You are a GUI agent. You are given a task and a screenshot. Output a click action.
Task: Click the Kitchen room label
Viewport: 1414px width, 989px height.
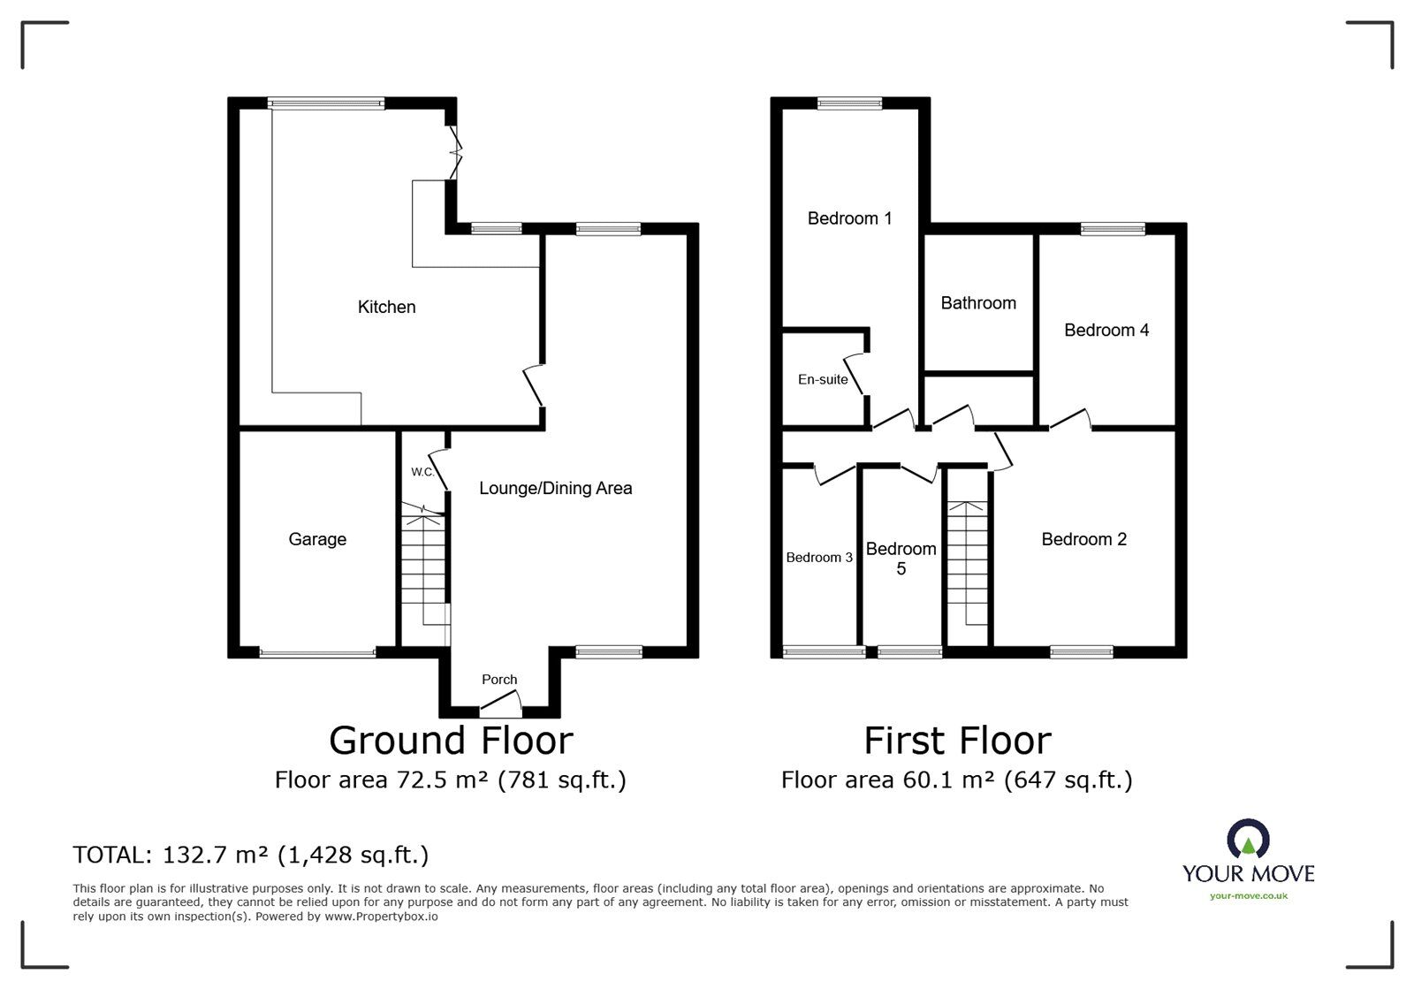(386, 307)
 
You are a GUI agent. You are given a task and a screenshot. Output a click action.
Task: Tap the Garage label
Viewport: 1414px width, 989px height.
(317, 539)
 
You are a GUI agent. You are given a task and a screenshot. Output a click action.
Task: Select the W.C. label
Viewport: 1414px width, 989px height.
(422, 471)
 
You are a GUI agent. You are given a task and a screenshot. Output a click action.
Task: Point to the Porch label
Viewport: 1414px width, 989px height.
(499, 679)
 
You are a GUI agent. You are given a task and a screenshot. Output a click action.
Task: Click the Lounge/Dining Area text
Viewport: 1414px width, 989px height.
(556, 488)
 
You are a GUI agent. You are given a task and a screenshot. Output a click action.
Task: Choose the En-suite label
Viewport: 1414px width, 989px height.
(823, 379)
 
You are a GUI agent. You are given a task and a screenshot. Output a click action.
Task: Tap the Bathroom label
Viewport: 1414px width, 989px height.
(978, 303)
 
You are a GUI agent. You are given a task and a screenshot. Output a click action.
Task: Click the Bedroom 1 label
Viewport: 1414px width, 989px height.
(849, 218)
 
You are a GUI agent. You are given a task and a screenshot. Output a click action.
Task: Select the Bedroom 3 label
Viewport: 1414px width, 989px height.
(819, 558)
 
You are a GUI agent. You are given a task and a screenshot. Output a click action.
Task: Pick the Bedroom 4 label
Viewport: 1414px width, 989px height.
(1106, 330)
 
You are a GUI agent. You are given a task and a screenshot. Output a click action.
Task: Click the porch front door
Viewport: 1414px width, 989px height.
(501, 703)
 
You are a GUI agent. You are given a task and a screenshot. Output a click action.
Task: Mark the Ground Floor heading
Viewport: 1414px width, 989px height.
(451, 741)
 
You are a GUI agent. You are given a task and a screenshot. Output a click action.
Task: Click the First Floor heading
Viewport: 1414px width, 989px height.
(957, 741)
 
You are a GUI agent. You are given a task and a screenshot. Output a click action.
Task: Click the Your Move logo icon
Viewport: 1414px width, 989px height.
(1248, 839)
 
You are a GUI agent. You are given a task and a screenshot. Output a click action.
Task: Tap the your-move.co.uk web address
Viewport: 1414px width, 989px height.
(1249, 896)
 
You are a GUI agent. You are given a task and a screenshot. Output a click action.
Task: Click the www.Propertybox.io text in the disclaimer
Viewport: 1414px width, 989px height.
(381, 917)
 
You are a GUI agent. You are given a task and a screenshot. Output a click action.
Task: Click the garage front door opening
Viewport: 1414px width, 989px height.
(317, 652)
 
